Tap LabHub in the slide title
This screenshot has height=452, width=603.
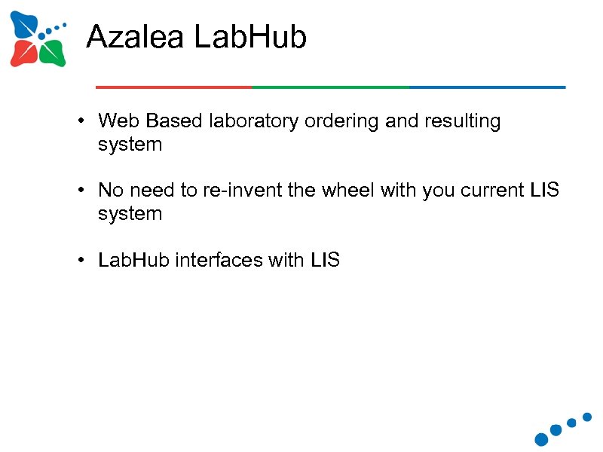click(x=249, y=36)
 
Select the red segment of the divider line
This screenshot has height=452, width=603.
click(x=173, y=87)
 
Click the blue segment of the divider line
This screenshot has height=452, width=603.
click(x=487, y=87)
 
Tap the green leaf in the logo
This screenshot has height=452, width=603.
click(x=51, y=53)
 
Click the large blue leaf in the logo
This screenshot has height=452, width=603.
click(x=25, y=26)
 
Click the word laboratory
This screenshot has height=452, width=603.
click(x=255, y=121)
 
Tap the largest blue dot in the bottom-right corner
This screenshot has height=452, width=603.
click(x=541, y=438)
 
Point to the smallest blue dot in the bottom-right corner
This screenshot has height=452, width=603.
click(x=587, y=416)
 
